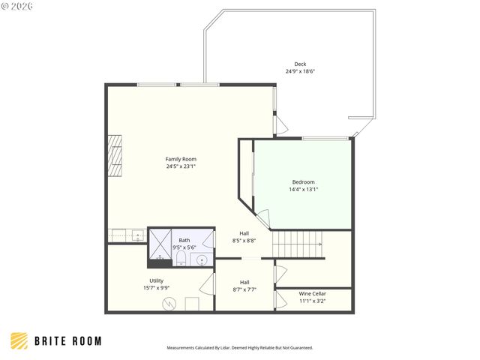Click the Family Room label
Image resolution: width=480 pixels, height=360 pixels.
coord(181,159)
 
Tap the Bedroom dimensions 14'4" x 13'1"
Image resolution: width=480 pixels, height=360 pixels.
coord(303,190)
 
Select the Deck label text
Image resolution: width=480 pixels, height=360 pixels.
coord(300,64)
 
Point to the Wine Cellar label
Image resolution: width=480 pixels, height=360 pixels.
coord(312,293)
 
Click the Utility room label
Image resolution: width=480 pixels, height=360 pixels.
coord(156,280)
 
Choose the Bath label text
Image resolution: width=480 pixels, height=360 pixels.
coord(184,240)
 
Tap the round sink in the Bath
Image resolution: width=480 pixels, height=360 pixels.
coord(201,260)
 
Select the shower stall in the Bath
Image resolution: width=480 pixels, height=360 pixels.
coord(160,243)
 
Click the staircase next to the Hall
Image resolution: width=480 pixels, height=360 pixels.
coord(298,244)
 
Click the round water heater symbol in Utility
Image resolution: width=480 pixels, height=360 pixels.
coord(172,304)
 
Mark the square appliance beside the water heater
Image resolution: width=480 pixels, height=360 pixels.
coord(192,304)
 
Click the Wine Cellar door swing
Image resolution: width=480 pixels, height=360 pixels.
coord(281,301)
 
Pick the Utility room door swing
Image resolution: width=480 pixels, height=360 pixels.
coord(208,284)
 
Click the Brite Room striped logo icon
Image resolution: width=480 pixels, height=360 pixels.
coord(19,341)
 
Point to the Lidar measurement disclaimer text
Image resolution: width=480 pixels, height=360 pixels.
coord(239,348)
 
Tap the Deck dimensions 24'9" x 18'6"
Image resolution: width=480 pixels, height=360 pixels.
coord(300,71)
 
